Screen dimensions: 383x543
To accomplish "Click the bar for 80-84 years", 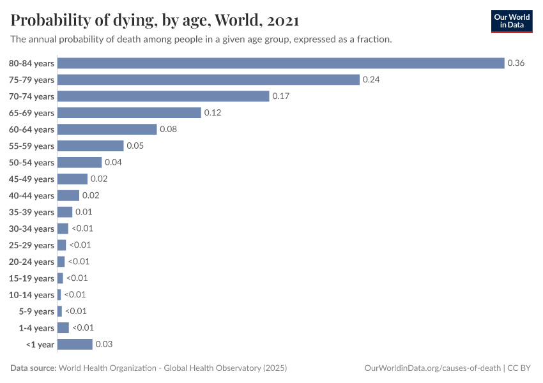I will (281, 63).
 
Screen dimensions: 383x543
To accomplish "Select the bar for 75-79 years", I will (209, 80).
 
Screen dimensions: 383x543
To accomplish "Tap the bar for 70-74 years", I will (164, 96).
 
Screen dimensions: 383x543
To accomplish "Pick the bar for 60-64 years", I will (107, 130).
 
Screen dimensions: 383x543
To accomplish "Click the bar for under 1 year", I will (75, 344).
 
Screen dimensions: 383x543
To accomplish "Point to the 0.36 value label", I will (516, 63).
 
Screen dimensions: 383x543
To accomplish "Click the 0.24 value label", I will (371, 80).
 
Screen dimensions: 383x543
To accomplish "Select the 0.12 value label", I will (213, 113).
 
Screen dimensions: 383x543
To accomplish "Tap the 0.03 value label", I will (103, 344).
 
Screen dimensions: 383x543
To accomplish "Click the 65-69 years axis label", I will (31, 113).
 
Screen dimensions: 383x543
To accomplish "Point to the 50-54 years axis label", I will (31, 163).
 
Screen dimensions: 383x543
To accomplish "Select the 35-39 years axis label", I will (31, 212).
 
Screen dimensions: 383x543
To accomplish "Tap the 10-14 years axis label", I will (31, 295).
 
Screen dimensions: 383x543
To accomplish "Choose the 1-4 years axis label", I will (36, 328).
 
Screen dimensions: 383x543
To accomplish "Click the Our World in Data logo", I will (512, 21).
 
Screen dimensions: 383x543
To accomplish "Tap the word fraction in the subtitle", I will (373, 40).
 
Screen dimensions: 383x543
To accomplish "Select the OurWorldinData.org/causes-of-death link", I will (432, 368).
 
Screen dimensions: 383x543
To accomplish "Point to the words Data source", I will (33, 368).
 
